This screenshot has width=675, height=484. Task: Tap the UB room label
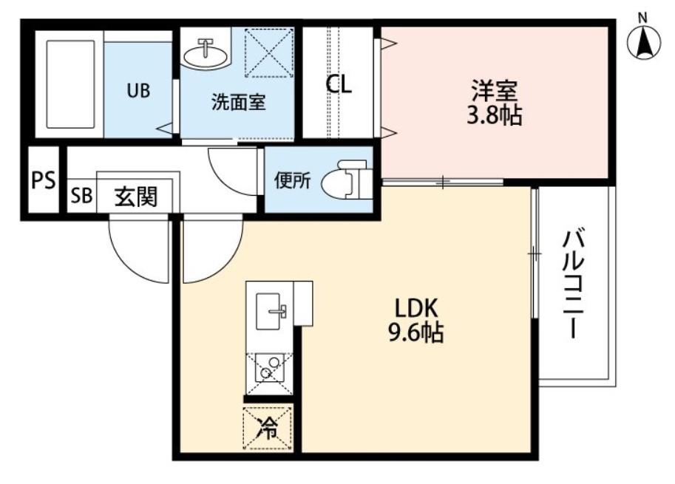[x=138, y=91]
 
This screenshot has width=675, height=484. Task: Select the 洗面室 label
[x=237, y=102]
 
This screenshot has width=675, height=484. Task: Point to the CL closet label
[x=339, y=84]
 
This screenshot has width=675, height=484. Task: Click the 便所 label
[x=293, y=180]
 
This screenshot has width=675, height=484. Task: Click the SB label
[x=81, y=197]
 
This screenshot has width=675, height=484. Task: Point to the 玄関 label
[x=136, y=197]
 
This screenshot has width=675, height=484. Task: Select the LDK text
[x=416, y=307]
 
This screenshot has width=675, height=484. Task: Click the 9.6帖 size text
[x=416, y=333]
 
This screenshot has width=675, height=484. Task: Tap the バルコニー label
[x=574, y=285]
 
